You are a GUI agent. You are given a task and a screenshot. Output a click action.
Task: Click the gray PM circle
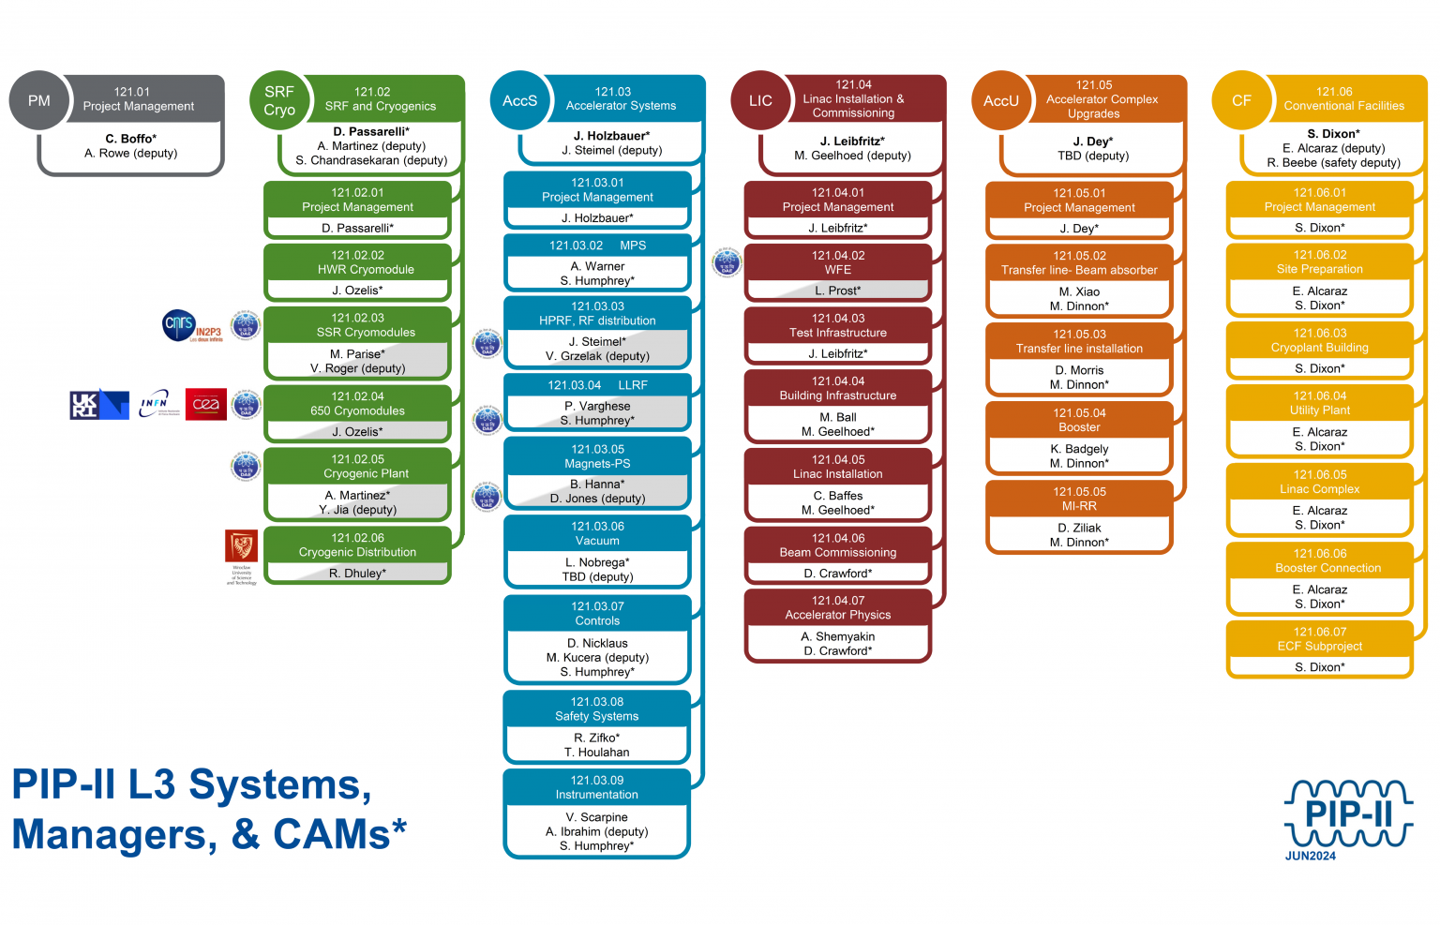tap(38, 100)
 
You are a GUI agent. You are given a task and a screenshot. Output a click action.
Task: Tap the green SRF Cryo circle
tap(279, 100)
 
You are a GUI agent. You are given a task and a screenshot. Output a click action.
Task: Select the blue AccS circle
tap(519, 100)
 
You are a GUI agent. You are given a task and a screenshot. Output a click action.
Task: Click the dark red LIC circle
tap(760, 100)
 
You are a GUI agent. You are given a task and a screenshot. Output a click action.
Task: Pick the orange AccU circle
tap(1000, 100)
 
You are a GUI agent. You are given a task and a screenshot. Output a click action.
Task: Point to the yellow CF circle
tap(1241, 100)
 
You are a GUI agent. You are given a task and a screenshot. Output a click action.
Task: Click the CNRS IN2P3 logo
tap(192, 326)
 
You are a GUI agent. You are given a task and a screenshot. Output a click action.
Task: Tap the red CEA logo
tap(205, 404)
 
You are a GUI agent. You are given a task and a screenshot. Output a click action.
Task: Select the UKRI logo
tap(98, 404)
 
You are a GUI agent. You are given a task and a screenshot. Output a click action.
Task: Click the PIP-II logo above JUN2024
tap(1348, 812)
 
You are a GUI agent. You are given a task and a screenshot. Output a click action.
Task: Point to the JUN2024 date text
tap(1310, 856)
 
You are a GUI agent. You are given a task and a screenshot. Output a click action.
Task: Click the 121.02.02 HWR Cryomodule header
tap(357, 261)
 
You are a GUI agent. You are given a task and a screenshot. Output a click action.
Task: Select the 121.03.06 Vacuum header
tap(597, 533)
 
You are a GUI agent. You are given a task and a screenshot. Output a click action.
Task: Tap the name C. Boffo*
tap(130, 139)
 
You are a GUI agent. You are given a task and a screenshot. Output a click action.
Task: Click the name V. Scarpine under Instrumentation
tap(597, 817)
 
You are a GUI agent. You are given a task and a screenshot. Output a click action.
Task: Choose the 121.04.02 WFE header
tap(837, 261)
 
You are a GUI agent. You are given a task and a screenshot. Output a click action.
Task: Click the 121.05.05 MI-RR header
tap(1079, 499)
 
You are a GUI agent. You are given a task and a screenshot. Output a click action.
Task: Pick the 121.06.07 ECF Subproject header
tap(1319, 639)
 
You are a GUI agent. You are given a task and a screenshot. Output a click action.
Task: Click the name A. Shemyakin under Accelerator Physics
tap(837, 636)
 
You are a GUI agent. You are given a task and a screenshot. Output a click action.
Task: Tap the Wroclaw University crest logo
tap(242, 547)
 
